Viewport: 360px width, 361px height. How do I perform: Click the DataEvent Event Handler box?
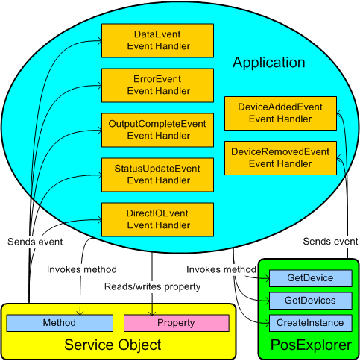[x=158, y=40]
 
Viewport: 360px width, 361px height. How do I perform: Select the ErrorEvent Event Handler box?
[x=158, y=85]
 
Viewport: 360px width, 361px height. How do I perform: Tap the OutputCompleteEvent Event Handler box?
[x=158, y=129]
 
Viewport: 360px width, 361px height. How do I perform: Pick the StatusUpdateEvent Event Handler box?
[x=158, y=174]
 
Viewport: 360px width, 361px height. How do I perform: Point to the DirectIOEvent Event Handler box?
[x=158, y=219]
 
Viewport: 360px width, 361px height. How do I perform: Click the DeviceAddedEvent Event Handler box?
[x=280, y=113]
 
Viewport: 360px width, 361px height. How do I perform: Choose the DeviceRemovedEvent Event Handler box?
[x=280, y=157]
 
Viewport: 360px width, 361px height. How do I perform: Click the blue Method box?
[x=60, y=323]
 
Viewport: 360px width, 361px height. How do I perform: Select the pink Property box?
[x=175, y=323]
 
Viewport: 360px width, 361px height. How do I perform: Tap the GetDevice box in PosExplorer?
[x=311, y=278]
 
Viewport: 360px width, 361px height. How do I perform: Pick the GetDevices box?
[x=311, y=301]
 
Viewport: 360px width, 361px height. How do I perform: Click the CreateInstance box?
[x=311, y=323]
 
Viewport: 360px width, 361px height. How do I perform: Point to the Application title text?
[x=268, y=62]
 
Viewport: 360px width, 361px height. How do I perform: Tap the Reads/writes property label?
[x=153, y=286]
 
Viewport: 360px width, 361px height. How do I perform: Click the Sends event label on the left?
[x=35, y=242]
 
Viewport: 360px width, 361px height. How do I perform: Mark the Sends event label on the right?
[x=330, y=242]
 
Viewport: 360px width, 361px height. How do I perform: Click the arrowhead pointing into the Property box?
[x=153, y=312]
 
